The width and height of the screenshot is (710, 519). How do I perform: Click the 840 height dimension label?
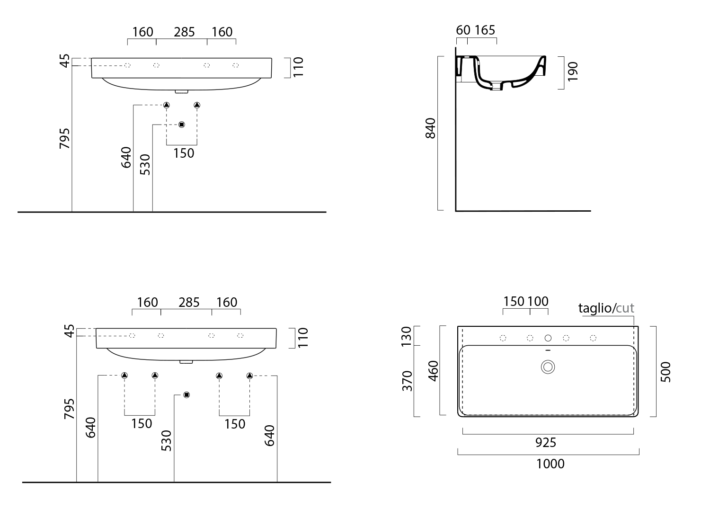click(430, 128)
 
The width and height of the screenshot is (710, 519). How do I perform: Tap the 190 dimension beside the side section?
click(573, 72)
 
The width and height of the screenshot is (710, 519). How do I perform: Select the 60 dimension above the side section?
click(463, 30)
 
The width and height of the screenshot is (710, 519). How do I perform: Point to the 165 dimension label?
click(485, 30)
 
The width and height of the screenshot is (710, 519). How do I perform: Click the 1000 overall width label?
click(550, 464)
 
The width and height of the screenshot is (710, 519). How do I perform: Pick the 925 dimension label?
click(546, 443)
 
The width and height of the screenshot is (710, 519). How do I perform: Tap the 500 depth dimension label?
click(666, 372)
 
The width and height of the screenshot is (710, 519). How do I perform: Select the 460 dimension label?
click(433, 371)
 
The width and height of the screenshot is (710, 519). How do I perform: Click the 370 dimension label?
click(407, 381)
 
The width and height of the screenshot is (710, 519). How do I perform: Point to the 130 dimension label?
click(406, 336)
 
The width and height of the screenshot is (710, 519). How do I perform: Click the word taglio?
click(595, 308)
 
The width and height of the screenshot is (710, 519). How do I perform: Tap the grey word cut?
click(625, 308)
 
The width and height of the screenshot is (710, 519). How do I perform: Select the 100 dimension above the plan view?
click(538, 301)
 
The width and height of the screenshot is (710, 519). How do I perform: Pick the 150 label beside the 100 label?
click(514, 301)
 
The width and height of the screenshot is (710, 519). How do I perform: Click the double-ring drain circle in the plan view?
click(548, 367)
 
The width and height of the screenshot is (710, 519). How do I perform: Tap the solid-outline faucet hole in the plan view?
click(548, 338)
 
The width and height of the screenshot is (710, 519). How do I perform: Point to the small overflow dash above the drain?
click(548, 350)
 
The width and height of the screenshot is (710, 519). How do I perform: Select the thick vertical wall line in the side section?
click(456, 129)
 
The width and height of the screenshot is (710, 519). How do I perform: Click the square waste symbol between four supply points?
click(186, 395)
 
